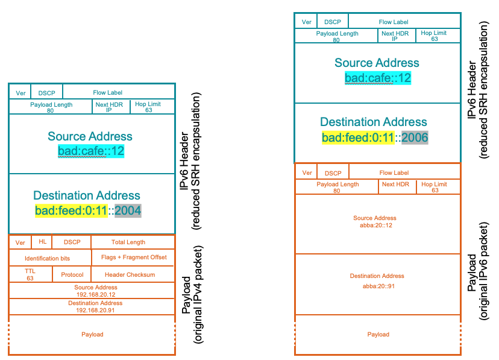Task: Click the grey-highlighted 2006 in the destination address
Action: tap(415, 137)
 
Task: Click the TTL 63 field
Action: tap(30, 274)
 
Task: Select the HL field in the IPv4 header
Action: tap(42, 242)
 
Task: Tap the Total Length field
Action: tap(128, 242)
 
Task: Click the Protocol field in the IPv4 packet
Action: tap(72, 274)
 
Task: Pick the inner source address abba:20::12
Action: tap(375, 221)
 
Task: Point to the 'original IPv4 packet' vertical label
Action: tap(193, 295)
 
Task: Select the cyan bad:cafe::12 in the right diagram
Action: tap(378, 78)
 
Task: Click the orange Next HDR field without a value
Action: tap(397, 184)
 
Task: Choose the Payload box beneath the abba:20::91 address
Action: tap(378, 334)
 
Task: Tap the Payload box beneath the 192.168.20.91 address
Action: tap(92, 334)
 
